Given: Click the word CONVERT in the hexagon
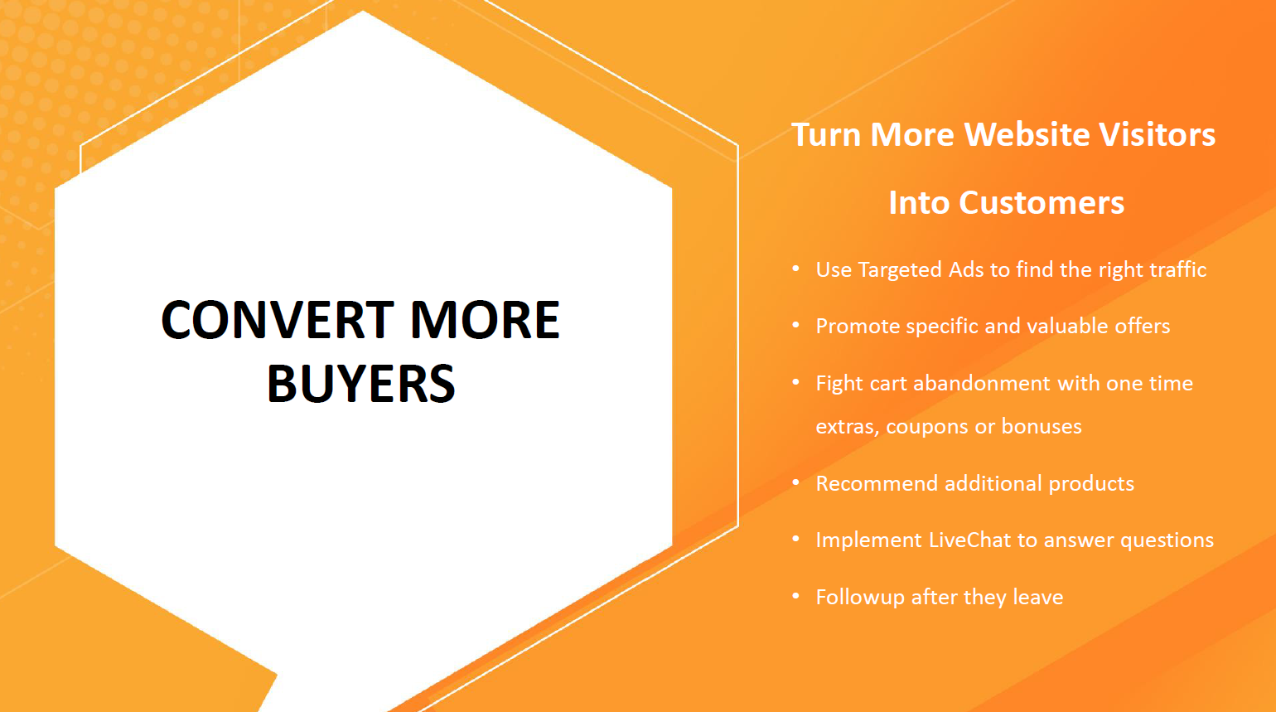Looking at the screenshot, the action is [x=278, y=320].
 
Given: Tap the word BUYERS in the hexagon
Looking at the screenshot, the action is [x=361, y=383].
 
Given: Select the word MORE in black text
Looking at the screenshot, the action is [x=485, y=320].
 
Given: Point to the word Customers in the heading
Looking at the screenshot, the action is [x=1042, y=203].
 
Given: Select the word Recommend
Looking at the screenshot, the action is [x=877, y=483].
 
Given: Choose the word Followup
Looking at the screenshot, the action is [x=860, y=598].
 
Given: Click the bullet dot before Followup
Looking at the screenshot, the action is [x=795, y=596].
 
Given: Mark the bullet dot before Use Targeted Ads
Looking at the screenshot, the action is [x=795, y=269].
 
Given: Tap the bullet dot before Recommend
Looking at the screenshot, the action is [x=795, y=482].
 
